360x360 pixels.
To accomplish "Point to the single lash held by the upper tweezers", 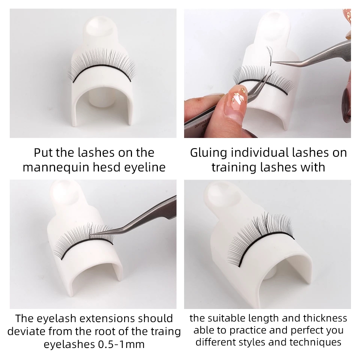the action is click(269, 55).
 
